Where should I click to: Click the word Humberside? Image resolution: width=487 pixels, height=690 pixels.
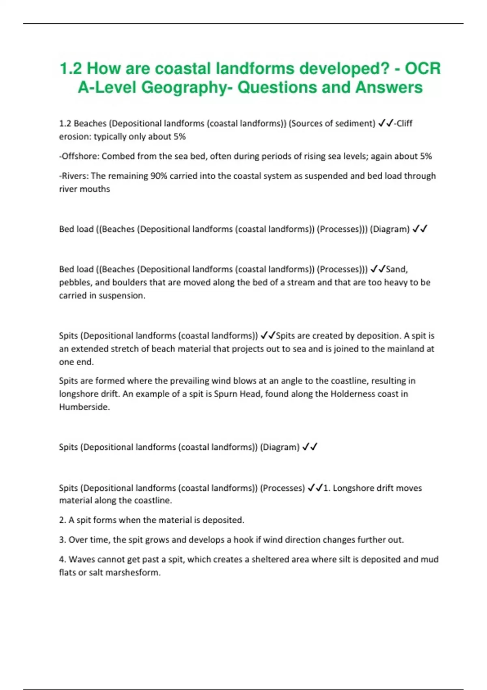tap(84, 407)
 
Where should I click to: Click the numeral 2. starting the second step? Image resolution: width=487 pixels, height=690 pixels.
tap(62, 520)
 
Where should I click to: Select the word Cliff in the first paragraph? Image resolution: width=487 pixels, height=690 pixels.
tap(404, 123)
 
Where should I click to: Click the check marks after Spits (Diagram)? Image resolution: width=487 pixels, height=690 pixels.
tap(310, 447)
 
